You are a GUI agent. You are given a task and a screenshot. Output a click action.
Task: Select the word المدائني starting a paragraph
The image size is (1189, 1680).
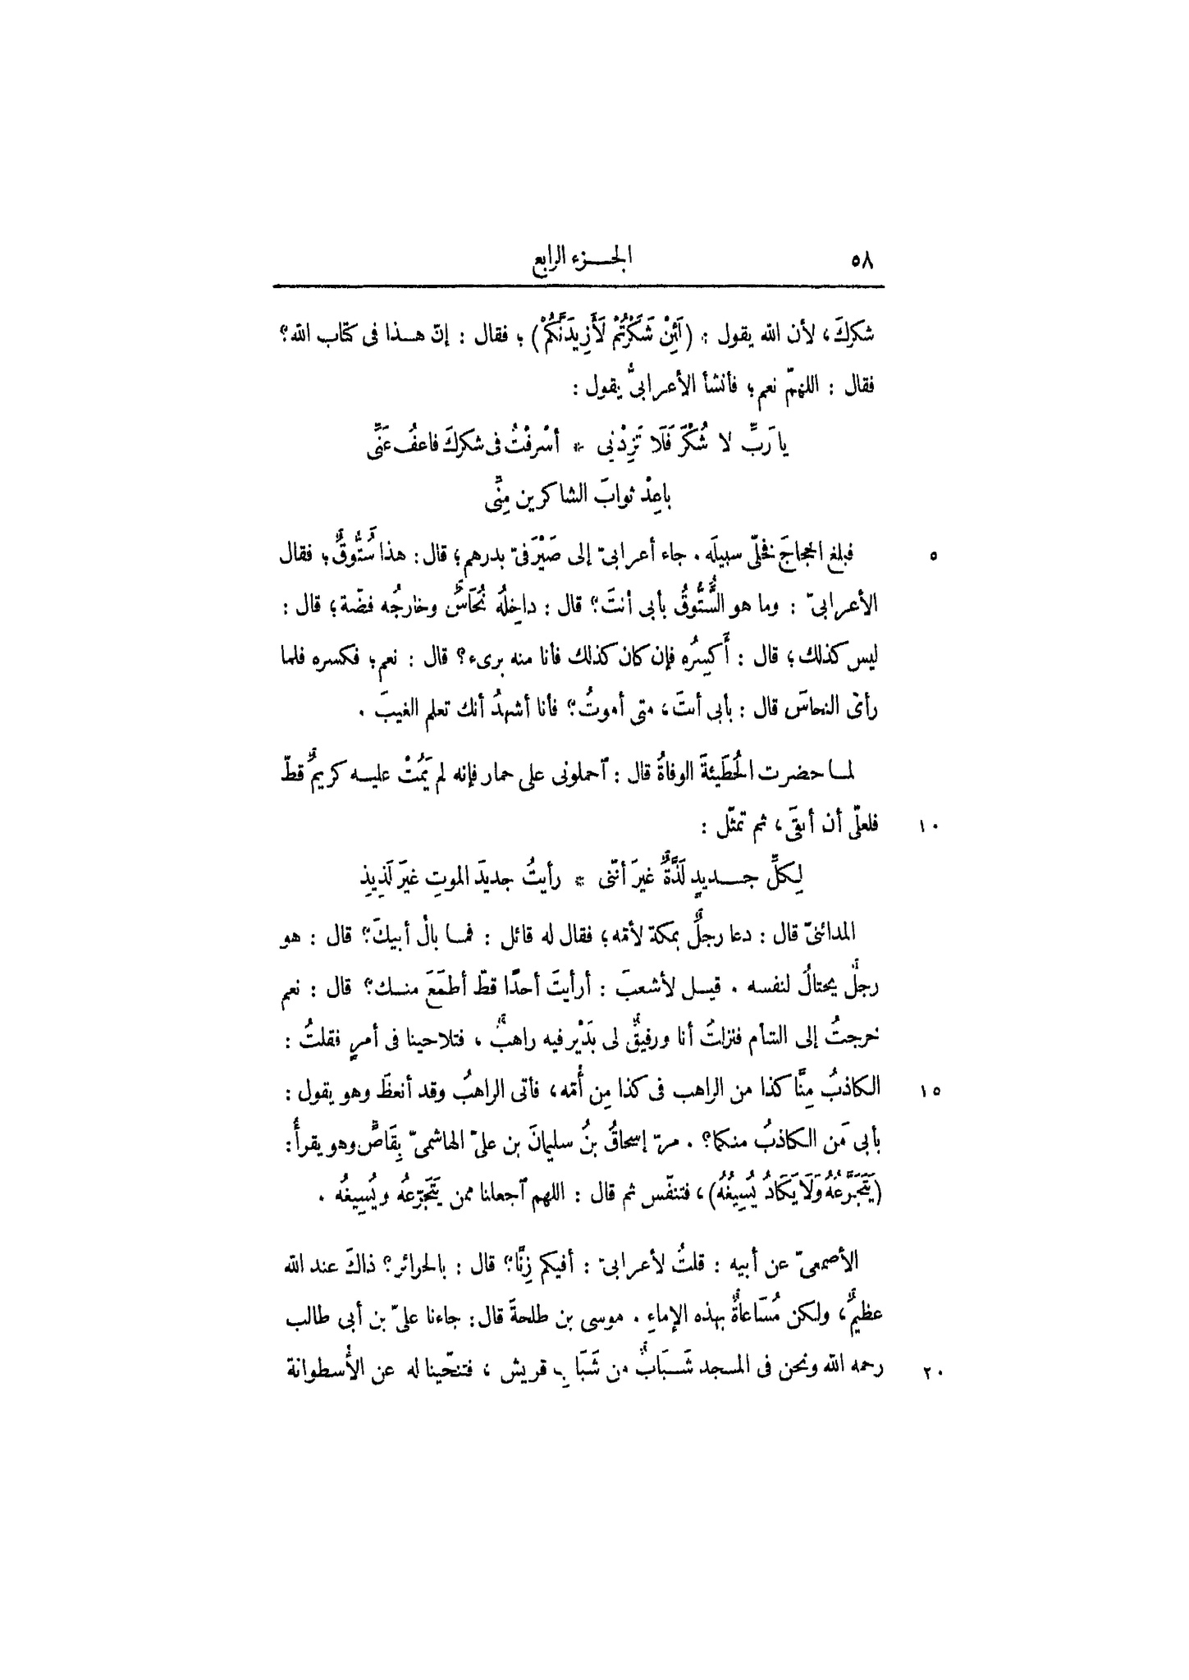click(x=833, y=934)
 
